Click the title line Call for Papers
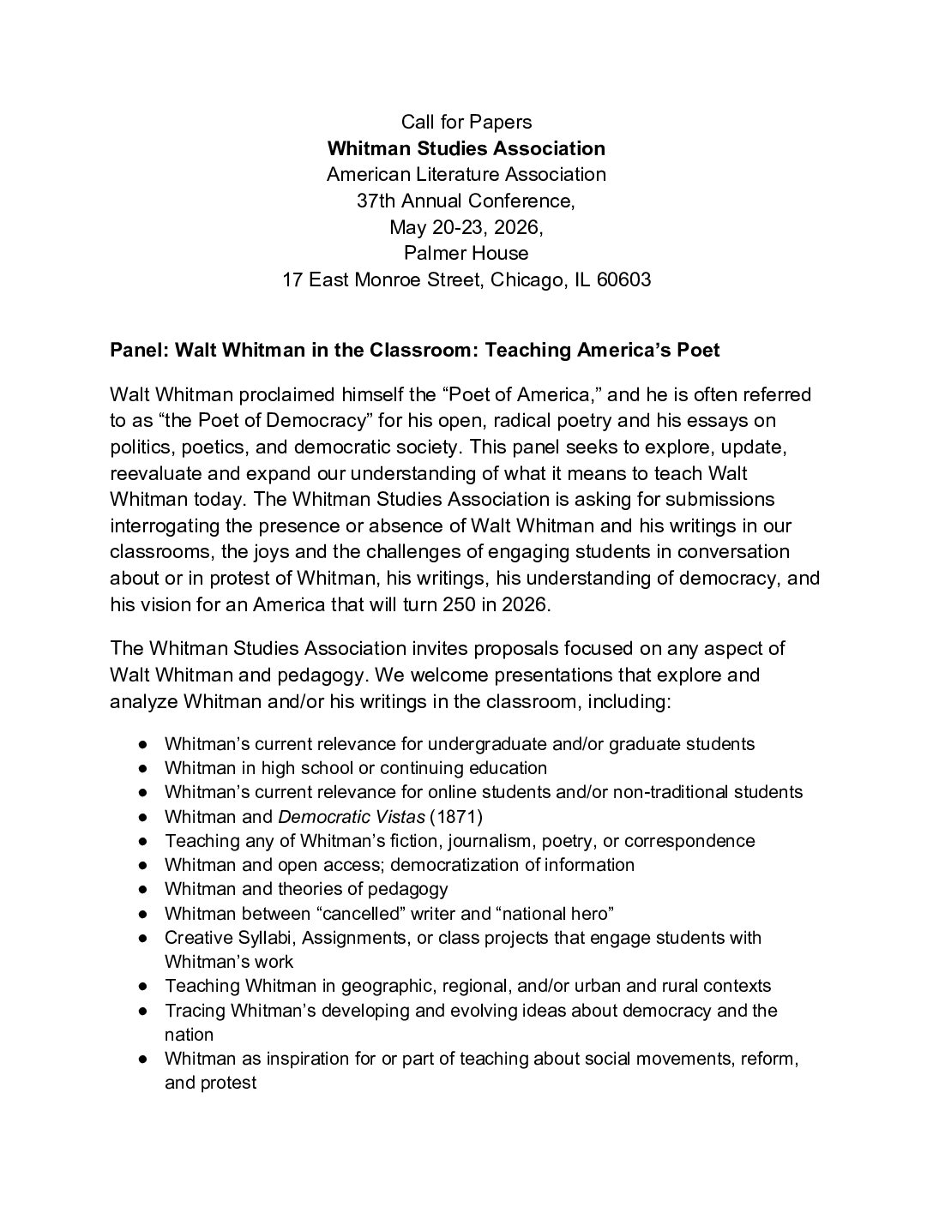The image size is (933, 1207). point(466,122)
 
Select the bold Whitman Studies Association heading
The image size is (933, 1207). point(466,148)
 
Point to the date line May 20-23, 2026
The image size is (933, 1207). point(466,227)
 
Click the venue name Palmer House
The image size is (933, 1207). point(466,253)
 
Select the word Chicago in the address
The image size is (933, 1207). point(525,279)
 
